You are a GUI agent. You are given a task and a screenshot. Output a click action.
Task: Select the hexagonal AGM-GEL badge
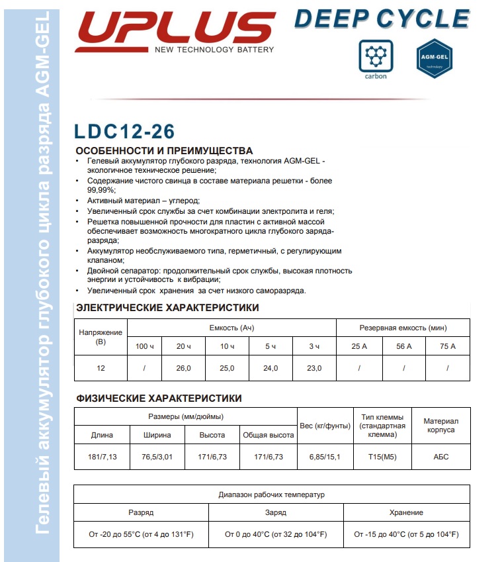pos(434,60)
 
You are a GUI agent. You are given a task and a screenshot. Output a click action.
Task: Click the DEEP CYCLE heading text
pos(382,17)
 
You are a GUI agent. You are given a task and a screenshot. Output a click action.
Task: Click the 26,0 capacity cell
pos(183,368)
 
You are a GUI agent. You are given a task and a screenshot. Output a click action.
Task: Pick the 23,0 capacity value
pos(314,368)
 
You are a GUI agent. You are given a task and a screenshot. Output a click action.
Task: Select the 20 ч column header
pos(183,346)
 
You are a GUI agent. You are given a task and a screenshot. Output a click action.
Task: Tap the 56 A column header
pos(403,346)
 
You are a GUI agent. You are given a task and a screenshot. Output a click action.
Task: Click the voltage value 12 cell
pos(101,368)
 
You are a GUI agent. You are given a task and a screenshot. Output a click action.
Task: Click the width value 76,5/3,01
pos(157,457)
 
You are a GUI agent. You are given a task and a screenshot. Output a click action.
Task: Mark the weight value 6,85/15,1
pos(325,457)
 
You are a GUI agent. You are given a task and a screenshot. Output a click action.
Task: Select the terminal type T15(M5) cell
pos(382,457)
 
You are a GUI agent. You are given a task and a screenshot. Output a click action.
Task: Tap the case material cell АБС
pos(440,457)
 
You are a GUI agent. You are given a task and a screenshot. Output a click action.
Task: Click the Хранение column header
pos(406,512)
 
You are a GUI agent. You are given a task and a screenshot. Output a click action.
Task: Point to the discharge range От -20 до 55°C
pos(140,534)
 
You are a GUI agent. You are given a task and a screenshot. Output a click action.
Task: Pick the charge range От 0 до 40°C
pos(274,534)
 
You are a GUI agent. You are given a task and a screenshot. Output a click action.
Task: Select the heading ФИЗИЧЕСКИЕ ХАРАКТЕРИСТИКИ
pos(159,398)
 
